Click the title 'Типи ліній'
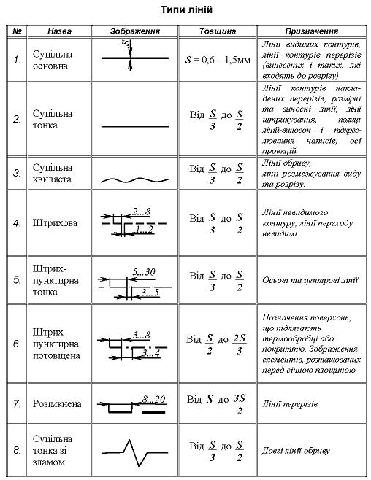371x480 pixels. tap(186, 11)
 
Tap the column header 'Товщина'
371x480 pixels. tap(216, 32)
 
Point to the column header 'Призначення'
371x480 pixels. tap(310, 32)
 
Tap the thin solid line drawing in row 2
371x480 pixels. tap(134, 126)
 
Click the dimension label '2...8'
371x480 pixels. tap(142, 212)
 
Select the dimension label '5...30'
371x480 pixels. tap(145, 271)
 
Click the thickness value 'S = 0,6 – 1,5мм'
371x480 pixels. tap(217, 59)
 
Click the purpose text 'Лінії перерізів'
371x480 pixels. tap(290, 403)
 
